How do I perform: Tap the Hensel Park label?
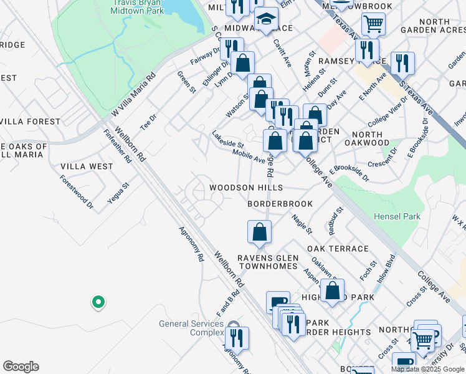click(397, 217)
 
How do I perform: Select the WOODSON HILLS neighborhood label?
click(246, 188)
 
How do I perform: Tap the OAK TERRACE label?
click(338, 248)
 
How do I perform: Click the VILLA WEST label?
click(87, 166)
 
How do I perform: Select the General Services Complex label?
click(191, 328)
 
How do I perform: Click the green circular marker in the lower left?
click(98, 303)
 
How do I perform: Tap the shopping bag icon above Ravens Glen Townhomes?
click(259, 231)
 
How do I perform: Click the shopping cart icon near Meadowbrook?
click(373, 24)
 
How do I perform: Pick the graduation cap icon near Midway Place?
click(267, 18)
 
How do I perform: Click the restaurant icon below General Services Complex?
click(237, 338)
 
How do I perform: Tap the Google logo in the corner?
click(21, 367)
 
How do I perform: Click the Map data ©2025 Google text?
click(427, 369)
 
